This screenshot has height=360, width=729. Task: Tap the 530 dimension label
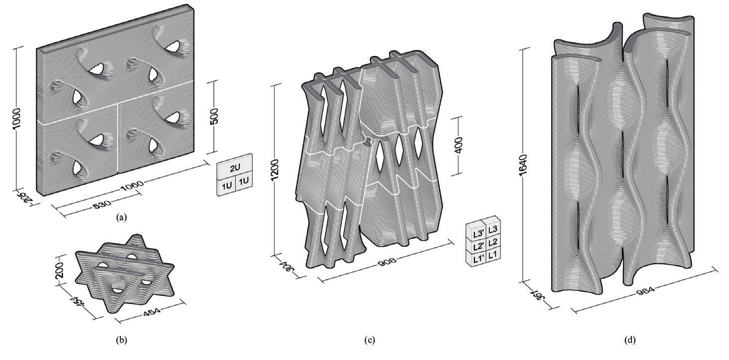point(102,204)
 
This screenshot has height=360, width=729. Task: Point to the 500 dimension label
point(214,116)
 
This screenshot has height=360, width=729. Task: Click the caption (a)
point(122,217)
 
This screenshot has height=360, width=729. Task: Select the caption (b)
point(122,340)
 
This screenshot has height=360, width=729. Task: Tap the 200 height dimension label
point(60,270)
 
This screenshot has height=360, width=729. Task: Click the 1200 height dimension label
point(275,170)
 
